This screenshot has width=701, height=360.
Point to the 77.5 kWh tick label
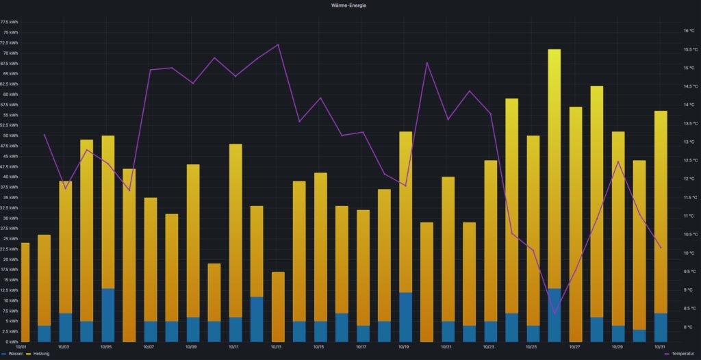pos(10,22)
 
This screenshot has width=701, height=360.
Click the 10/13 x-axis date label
pos(276,347)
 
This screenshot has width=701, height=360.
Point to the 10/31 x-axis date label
pos(659,347)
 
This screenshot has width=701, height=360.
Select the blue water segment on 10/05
pos(108,315)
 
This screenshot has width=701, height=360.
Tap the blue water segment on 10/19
pos(406,317)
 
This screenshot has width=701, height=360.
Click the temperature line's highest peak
pos(278,44)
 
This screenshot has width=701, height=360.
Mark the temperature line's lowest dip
pos(555,313)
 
